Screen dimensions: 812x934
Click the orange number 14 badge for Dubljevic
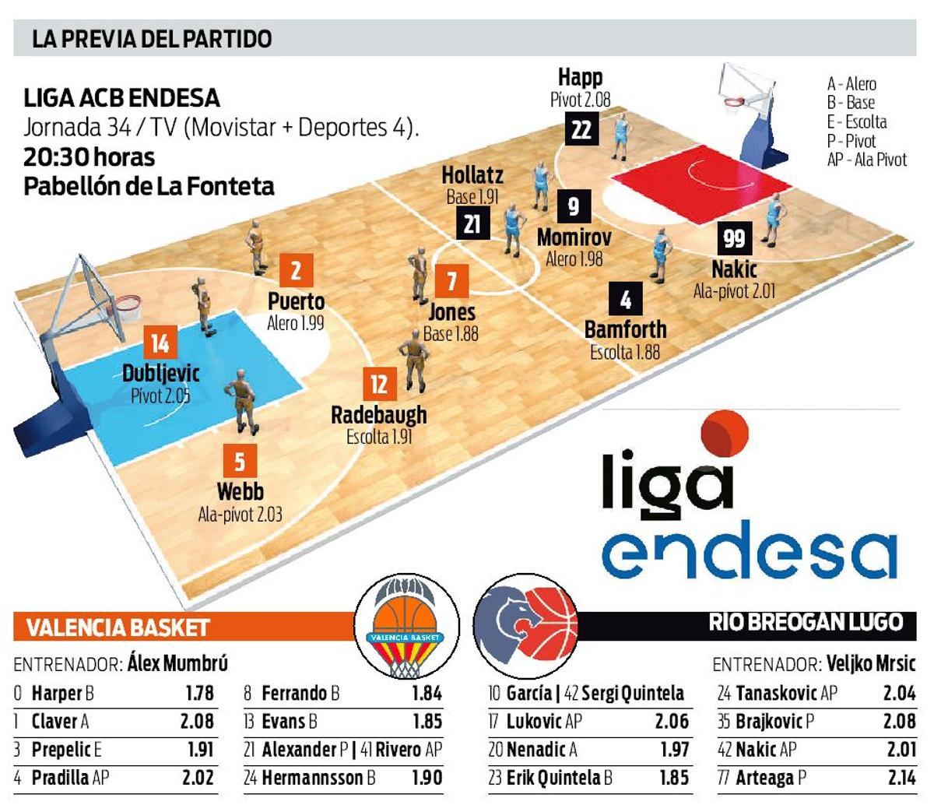tap(160, 343)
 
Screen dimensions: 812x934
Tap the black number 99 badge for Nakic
tap(734, 237)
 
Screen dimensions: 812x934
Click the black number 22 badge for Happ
tap(581, 128)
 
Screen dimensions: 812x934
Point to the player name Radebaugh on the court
tap(379, 414)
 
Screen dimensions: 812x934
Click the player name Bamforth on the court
tap(625, 329)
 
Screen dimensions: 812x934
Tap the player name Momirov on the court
tap(574, 237)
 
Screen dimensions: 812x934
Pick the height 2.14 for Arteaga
tap(900, 777)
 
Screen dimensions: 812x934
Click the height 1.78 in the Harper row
tap(199, 693)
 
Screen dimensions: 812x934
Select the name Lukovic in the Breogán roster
tap(535, 721)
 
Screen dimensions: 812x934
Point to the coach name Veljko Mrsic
tap(871, 664)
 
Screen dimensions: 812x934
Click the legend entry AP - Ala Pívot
tap(867, 160)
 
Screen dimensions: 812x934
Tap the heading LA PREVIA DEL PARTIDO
tap(152, 39)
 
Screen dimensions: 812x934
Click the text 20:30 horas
tap(90, 157)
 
